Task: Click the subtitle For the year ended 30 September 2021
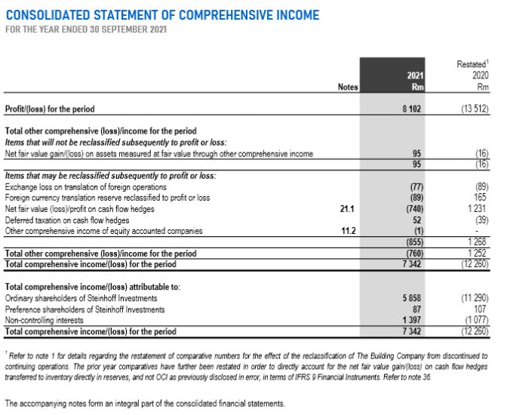click(87, 29)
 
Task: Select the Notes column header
click(347, 88)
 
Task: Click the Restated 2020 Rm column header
click(472, 75)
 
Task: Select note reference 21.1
click(348, 207)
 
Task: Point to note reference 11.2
click(348, 230)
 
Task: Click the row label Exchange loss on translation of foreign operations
click(85, 186)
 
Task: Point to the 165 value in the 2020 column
click(481, 197)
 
